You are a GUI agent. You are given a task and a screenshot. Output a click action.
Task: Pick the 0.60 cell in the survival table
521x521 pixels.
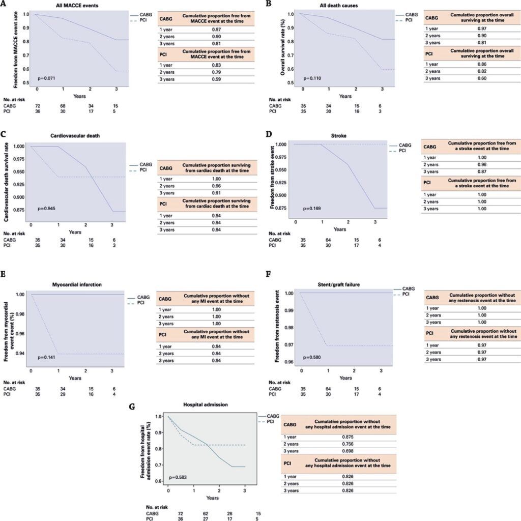pos(481,79)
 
